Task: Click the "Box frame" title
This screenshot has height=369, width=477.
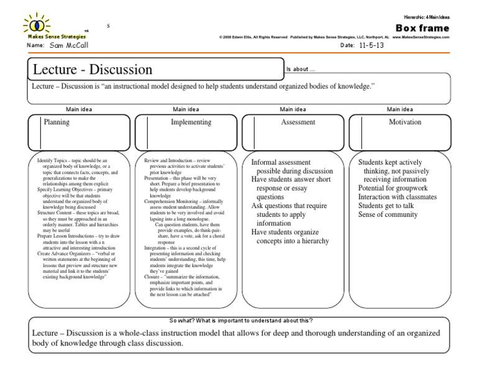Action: (x=422, y=28)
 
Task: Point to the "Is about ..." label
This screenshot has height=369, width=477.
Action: (x=301, y=68)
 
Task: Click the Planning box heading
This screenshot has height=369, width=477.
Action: (x=57, y=123)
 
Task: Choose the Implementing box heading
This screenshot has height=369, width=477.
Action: (x=191, y=123)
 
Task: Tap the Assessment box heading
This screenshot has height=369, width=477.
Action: (x=298, y=123)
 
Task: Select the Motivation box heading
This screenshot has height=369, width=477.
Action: (x=405, y=123)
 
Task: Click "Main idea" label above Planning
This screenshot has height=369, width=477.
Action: (x=79, y=109)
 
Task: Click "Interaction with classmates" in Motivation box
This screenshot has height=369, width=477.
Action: (x=397, y=197)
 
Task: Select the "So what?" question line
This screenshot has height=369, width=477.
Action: (x=241, y=320)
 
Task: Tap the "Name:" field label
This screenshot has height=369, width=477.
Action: (x=36, y=46)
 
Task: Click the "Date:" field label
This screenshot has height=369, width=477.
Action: (x=347, y=46)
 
